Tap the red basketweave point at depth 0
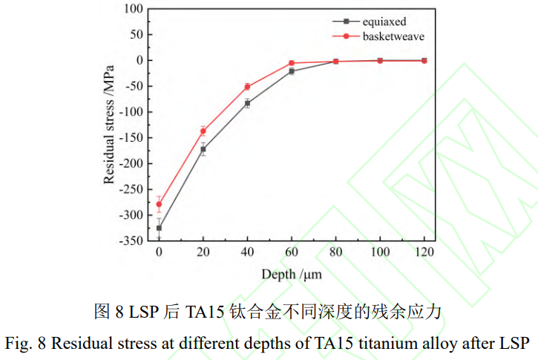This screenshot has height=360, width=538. click(x=159, y=204)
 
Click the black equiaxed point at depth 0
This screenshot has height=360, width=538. click(x=159, y=228)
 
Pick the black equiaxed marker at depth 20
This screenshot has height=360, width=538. click(x=203, y=149)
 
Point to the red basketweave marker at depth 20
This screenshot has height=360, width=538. click(x=203, y=131)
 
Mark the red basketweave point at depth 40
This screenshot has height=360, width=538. click(x=247, y=87)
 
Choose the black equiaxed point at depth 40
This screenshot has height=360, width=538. click(x=247, y=103)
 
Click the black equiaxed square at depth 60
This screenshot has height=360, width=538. click(x=292, y=71)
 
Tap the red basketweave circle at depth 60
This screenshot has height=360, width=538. click(x=292, y=63)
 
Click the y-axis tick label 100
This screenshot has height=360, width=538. click(x=134, y=9)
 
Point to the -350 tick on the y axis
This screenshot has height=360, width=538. click(x=131, y=241)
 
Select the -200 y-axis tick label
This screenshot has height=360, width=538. click(x=131, y=164)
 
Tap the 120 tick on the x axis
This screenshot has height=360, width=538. click(x=424, y=252)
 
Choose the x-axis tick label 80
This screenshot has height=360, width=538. click(x=335, y=252)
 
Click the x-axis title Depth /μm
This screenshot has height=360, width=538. click(x=290, y=274)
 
